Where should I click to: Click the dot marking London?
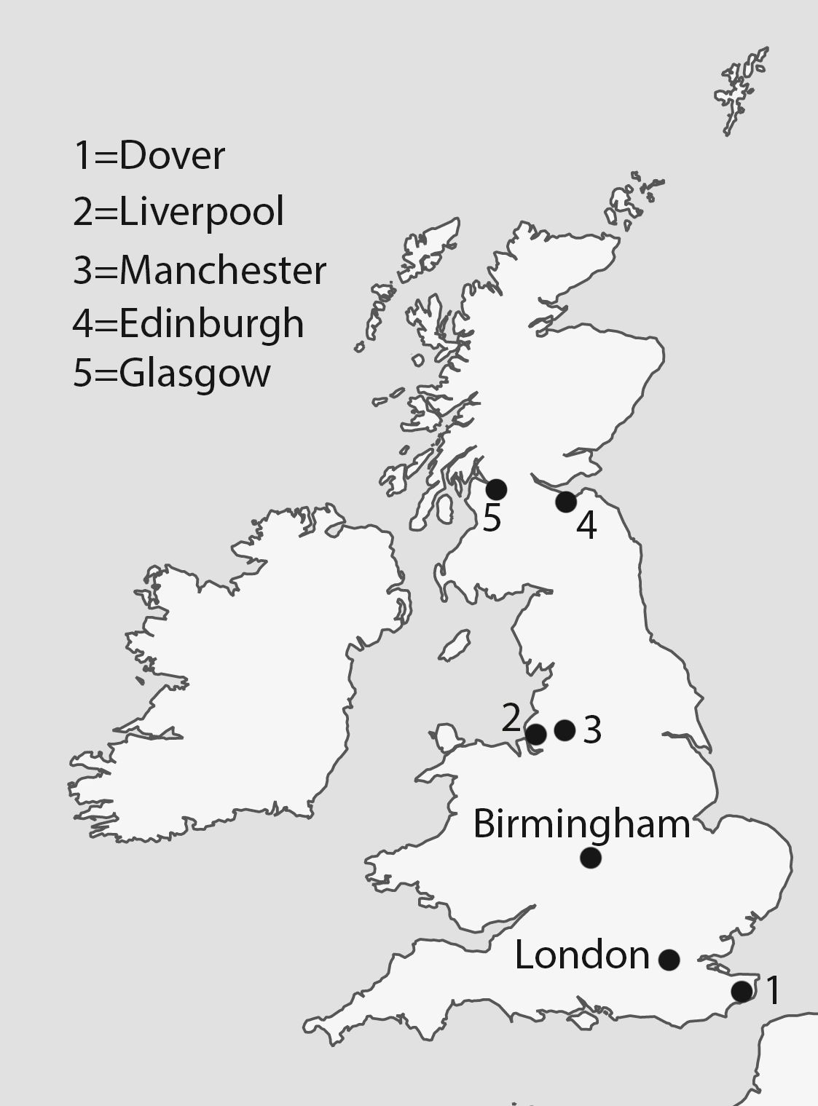point(669,960)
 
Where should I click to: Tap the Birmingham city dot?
point(591,858)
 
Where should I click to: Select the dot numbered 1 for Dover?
point(742,991)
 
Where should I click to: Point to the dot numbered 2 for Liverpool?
point(535,734)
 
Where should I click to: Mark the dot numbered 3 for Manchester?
point(565,730)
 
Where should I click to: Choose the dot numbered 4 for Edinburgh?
point(566,502)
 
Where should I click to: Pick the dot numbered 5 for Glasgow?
point(496,489)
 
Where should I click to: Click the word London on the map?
point(581,955)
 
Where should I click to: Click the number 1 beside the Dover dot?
point(772,990)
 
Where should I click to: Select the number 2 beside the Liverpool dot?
point(511,718)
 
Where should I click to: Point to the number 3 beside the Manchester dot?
point(592,730)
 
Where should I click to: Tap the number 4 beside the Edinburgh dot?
point(586,526)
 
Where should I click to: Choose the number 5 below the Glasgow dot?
point(492,519)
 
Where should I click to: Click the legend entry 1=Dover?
point(149,156)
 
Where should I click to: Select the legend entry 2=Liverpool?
point(178,213)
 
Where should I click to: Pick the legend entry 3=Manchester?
point(200,270)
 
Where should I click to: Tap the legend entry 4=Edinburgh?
point(188,323)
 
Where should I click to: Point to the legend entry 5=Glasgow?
point(172,374)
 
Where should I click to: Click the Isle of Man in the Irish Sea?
point(456,645)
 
